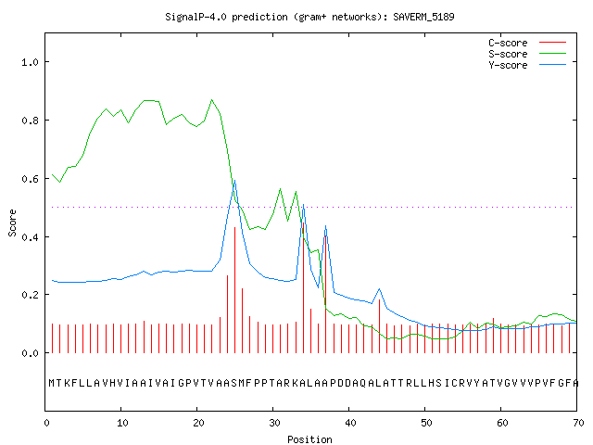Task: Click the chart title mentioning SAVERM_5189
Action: click(309, 17)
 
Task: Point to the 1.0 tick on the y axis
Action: click(31, 62)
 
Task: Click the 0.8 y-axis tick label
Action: click(31, 121)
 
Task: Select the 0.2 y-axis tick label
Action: click(31, 295)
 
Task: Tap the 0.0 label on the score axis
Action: click(31, 353)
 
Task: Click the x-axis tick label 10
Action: click(122, 423)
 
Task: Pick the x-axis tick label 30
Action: click(274, 423)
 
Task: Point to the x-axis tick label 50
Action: click(426, 423)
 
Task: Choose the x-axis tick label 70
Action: click(578, 423)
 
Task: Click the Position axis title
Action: click(309, 439)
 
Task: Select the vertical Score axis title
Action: click(12, 222)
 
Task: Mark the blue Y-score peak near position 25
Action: click(234, 181)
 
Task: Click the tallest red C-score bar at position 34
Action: click(303, 287)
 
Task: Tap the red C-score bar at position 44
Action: click(379, 326)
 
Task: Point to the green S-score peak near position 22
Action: click(212, 100)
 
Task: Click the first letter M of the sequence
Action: click(52, 383)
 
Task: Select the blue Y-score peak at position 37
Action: click(325, 226)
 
